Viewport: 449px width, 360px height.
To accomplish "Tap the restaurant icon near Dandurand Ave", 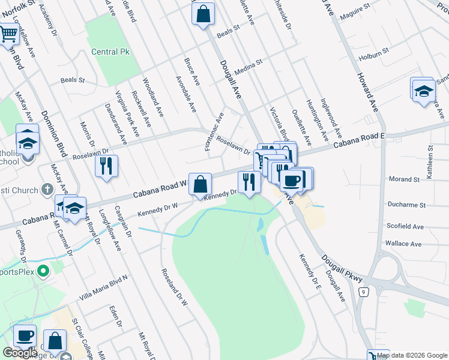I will [106, 166].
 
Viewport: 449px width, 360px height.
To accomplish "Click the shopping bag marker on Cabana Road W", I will [200, 184].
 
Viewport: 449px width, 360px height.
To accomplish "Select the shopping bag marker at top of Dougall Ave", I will [203, 13].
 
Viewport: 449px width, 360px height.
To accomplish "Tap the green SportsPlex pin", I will [43, 272].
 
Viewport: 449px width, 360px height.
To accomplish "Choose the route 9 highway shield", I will [363, 292].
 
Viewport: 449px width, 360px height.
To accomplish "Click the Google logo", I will [20, 353].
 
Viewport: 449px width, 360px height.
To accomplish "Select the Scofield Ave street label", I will [405, 227].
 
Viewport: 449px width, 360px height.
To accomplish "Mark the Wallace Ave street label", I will [403, 244].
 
